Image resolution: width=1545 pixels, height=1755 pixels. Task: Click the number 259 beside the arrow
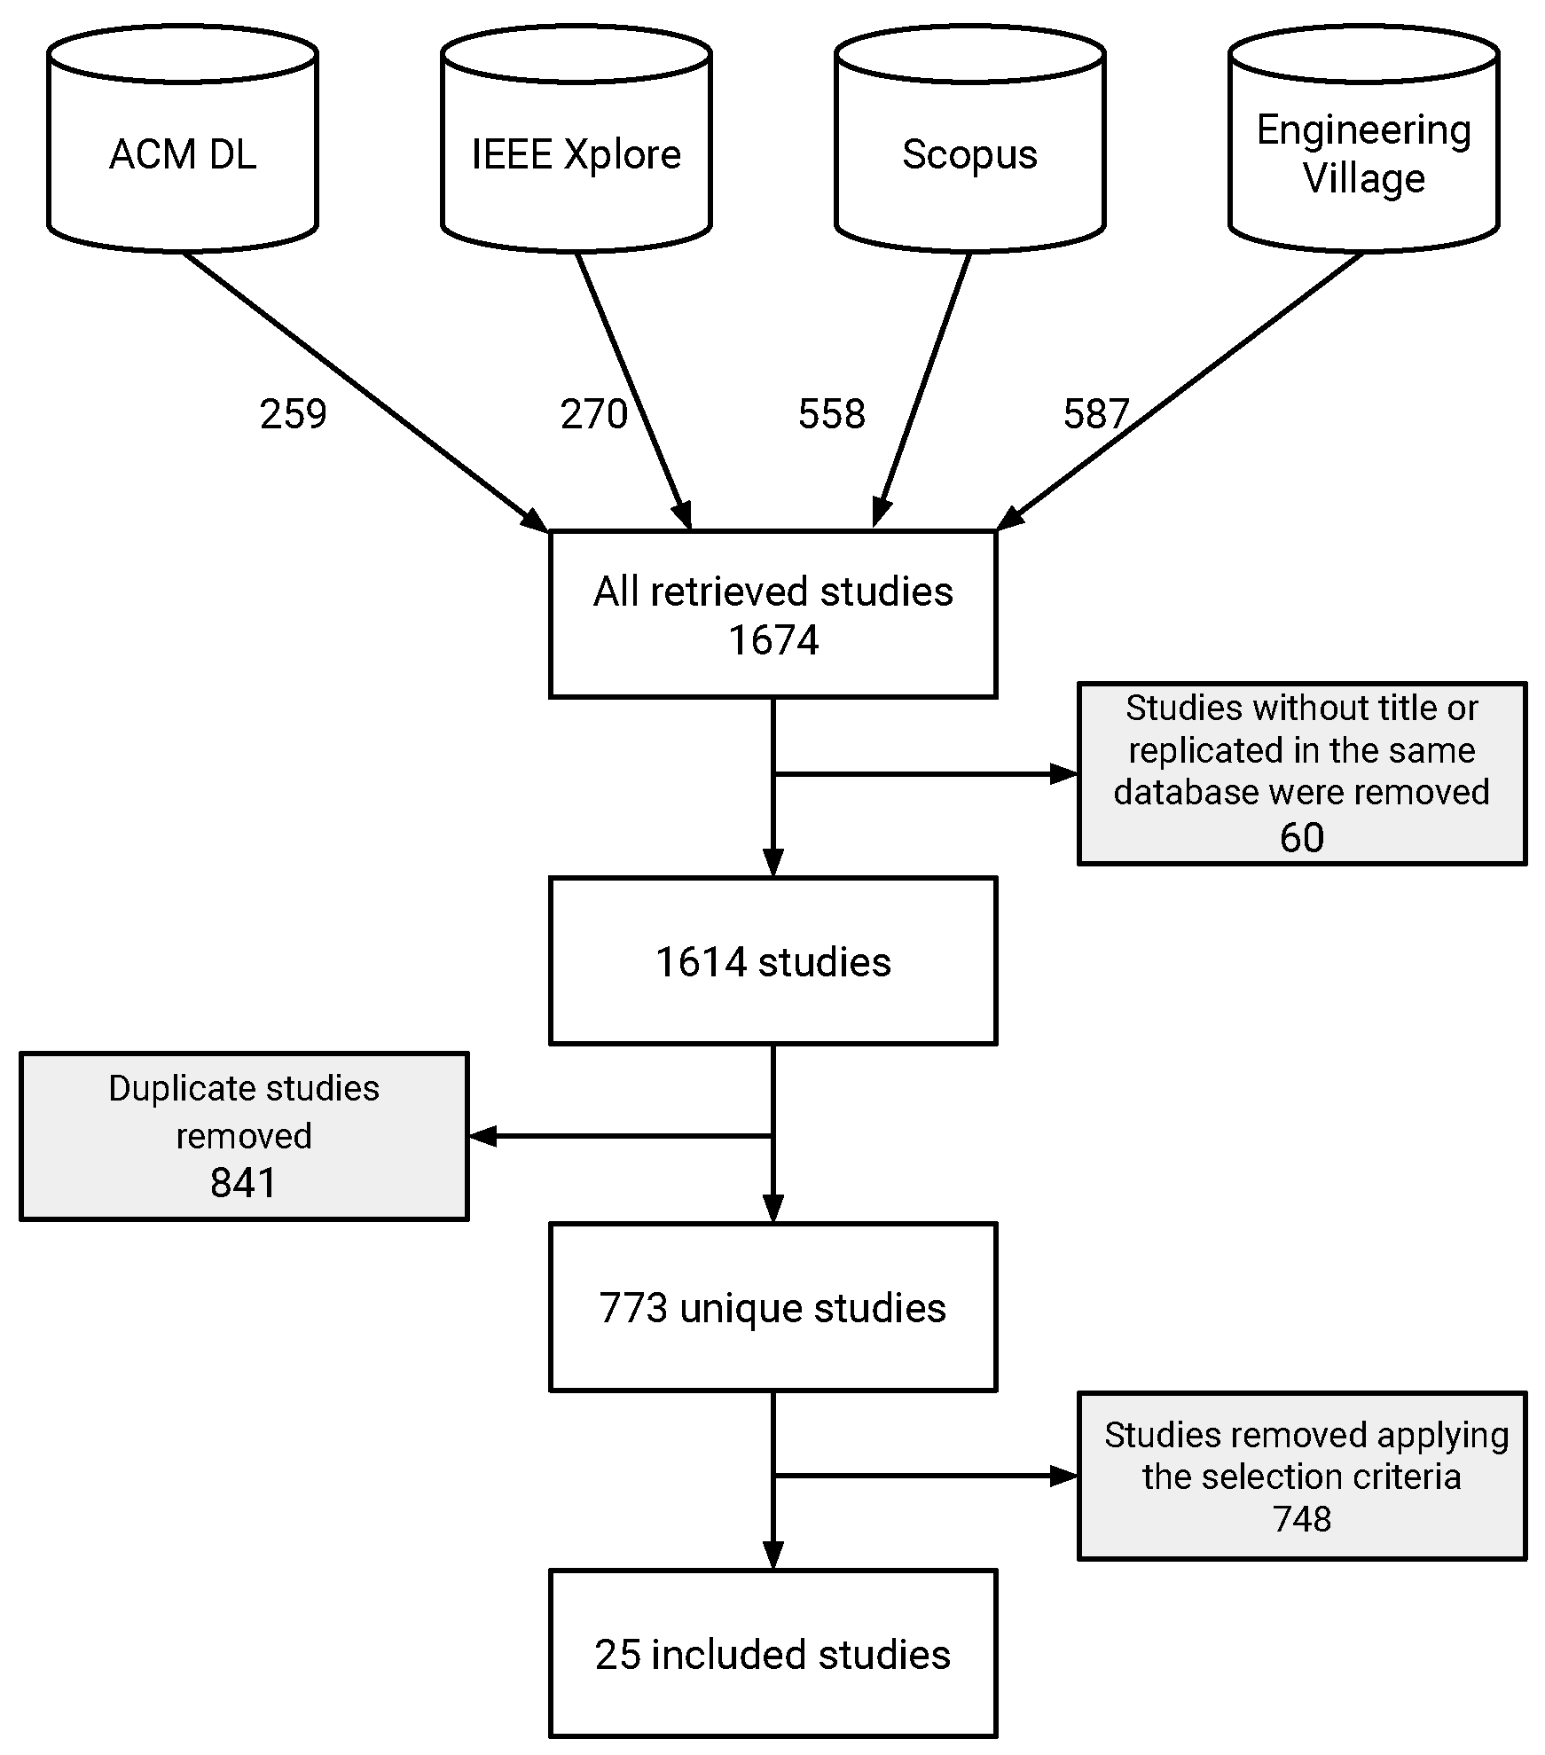[x=293, y=414]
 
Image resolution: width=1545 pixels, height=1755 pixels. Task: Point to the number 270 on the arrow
[x=593, y=414]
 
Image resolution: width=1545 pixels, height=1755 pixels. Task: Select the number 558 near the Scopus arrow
[x=831, y=414]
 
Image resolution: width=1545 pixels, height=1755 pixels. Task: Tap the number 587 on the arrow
[x=1095, y=414]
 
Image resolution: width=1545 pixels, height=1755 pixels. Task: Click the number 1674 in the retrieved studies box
[x=773, y=640]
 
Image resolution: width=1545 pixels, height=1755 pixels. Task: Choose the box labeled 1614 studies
[x=773, y=961]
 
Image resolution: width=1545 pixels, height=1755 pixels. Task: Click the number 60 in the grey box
[x=1301, y=837]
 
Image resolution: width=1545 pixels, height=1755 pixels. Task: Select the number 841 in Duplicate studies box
[x=243, y=1182]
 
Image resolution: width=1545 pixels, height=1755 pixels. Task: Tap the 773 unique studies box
[x=773, y=1307]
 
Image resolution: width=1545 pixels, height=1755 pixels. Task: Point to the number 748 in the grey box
[x=1301, y=1519]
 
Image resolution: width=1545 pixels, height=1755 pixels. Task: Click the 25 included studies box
[x=773, y=1654]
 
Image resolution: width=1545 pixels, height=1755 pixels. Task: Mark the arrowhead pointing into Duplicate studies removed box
[x=482, y=1136]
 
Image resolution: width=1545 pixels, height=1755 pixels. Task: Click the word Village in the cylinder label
[x=1363, y=178]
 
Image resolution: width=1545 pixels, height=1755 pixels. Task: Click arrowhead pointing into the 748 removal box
[x=1063, y=1476]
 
